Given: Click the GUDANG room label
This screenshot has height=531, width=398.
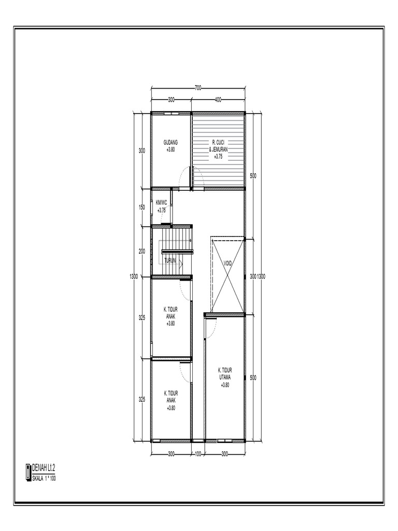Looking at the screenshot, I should click(170, 142).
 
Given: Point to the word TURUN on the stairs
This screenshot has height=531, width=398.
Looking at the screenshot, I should click(170, 261).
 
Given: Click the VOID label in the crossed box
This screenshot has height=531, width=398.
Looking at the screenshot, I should click(228, 263).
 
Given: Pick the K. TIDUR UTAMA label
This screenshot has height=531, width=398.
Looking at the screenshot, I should click(224, 373).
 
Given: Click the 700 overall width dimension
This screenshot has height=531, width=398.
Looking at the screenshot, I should click(198, 88).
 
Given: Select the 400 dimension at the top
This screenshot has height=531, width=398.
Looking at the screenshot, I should click(218, 99).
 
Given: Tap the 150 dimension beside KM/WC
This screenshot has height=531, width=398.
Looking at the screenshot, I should click(142, 207).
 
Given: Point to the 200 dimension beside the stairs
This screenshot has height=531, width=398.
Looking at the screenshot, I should click(142, 251).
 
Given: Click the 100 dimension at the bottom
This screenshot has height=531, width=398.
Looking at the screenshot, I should click(197, 454).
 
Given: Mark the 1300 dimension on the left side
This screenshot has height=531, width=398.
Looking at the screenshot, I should click(134, 276).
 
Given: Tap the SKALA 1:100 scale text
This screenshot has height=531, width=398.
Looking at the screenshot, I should click(44, 478).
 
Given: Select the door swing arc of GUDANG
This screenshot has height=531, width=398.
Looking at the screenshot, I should click(184, 178).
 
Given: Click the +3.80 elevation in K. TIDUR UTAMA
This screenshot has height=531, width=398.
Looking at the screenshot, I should click(224, 385).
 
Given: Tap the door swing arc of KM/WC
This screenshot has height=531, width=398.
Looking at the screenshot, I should click(166, 221).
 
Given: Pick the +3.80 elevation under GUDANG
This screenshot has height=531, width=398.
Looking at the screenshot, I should click(170, 149).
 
